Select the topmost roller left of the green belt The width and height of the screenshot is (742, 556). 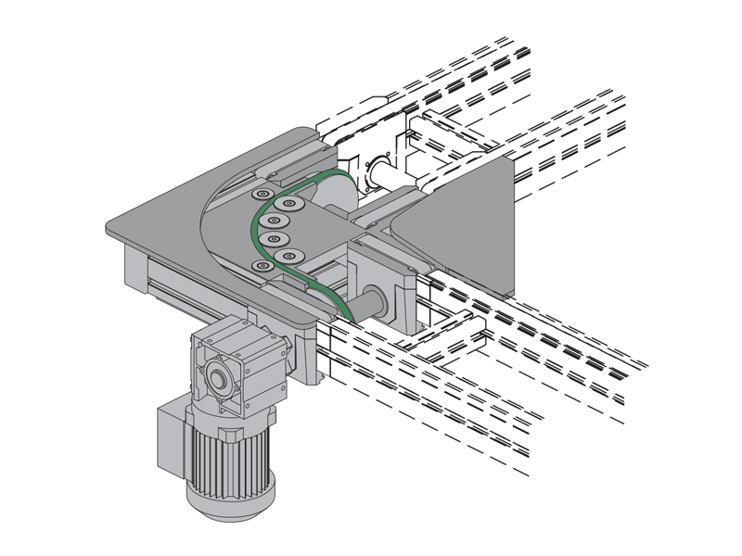263,195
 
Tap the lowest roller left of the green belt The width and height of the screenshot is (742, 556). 263,267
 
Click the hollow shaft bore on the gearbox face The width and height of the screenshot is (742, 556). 217,377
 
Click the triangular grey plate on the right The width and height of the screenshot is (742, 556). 464,222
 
